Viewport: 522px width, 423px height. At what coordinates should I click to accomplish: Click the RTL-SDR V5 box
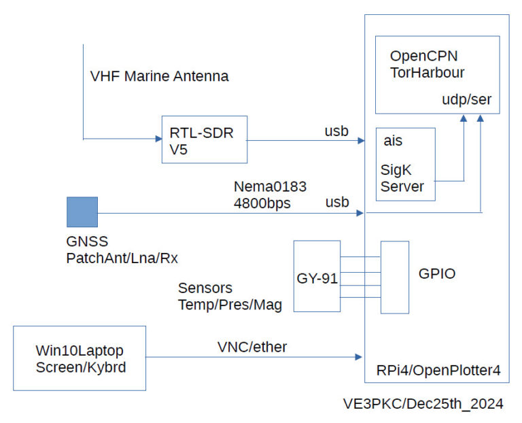204,139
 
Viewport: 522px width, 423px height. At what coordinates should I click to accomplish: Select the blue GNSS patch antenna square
82,211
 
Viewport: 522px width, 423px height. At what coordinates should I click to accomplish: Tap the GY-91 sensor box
317,276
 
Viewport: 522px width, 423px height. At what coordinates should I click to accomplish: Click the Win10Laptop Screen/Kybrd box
80,358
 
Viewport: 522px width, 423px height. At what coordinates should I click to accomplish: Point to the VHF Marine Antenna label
159,76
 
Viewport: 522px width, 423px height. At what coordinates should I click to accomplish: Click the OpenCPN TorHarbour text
427,63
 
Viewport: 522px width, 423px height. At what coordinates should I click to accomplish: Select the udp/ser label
466,100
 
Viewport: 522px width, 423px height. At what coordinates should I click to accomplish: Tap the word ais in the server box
393,141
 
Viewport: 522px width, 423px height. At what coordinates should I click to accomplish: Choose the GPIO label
436,274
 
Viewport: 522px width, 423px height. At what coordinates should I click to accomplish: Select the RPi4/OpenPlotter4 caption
438,371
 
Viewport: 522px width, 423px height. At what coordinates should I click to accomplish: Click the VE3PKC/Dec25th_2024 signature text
423,404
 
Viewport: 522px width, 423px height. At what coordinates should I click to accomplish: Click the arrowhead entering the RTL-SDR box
157,139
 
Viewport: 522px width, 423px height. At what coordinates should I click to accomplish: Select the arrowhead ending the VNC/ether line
360,356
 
